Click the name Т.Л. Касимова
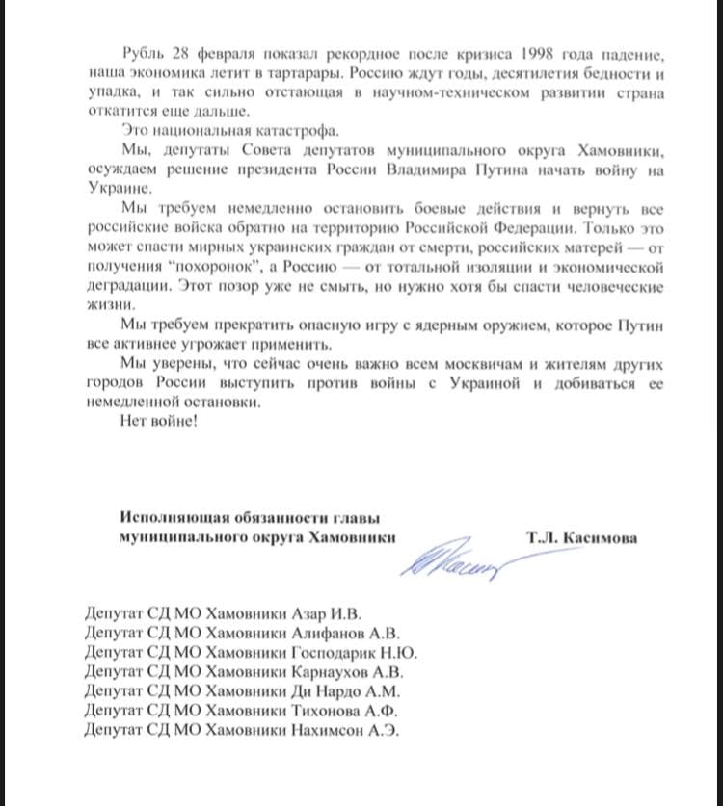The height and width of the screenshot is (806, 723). coord(581,535)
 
